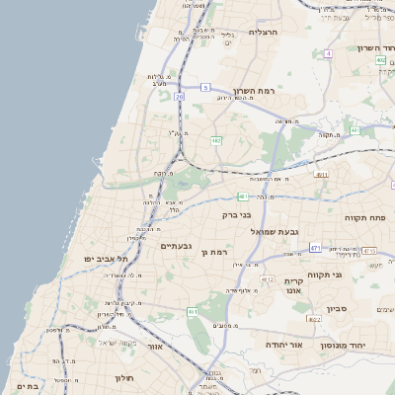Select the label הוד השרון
coord(370,47)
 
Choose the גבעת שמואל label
coord(274,231)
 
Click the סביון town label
coord(338,308)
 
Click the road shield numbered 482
coord(215,141)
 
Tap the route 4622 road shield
coord(314,319)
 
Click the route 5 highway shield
coord(205,88)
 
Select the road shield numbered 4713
coord(368,251)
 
